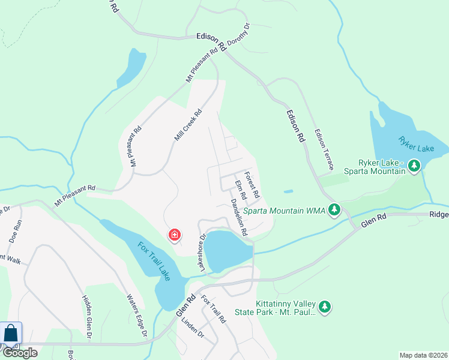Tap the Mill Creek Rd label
point(188,125)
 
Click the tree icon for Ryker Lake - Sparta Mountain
point(414,166)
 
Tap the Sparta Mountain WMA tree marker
point(335,211)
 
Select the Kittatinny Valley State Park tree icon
point(325,307)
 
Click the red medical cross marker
point(175,235)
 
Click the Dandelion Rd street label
point(239,217)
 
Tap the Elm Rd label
point(241,190)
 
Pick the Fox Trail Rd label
point(213,310)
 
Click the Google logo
point(20,353)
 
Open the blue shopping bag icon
point(11,333)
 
